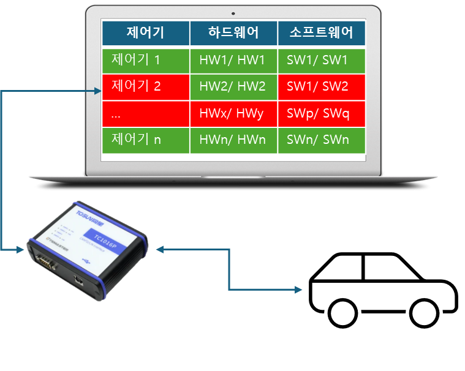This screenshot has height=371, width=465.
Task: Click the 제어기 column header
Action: point(145,33)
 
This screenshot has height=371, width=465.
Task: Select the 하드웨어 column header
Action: point(233,33)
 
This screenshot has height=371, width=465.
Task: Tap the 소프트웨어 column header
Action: point(322,33)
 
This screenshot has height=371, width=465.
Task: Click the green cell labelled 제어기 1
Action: point(145,60)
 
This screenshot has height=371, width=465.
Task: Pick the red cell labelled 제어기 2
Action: point(145,86)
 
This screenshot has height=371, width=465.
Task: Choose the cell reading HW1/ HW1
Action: point(233,60)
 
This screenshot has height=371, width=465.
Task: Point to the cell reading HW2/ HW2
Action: point(233,86)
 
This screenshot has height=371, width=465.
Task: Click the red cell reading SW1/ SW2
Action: point(322,86)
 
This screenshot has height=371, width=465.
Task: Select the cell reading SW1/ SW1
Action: point(322,60)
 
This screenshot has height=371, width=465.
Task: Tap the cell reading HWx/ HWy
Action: point(233,113)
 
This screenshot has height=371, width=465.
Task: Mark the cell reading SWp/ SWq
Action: point(322,113)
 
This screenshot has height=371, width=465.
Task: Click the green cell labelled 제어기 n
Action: point(145,140)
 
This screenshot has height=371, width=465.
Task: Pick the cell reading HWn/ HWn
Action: point(233,140)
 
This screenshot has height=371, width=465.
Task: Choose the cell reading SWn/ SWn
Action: point(322,140)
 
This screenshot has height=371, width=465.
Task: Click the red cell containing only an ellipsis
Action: point(145,113)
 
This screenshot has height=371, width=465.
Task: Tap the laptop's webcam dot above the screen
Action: point(233,13)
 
